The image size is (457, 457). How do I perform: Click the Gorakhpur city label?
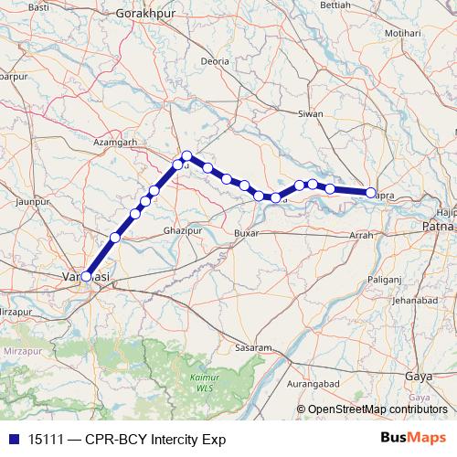[x=145, y=16]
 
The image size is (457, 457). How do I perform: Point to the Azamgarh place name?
[x=115, y=143]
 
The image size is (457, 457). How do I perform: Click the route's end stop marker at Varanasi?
[x=87, y=275]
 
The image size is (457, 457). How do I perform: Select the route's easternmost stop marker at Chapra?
[x=371, y=192]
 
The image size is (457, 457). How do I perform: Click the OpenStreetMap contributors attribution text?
[x=377, y=409]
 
